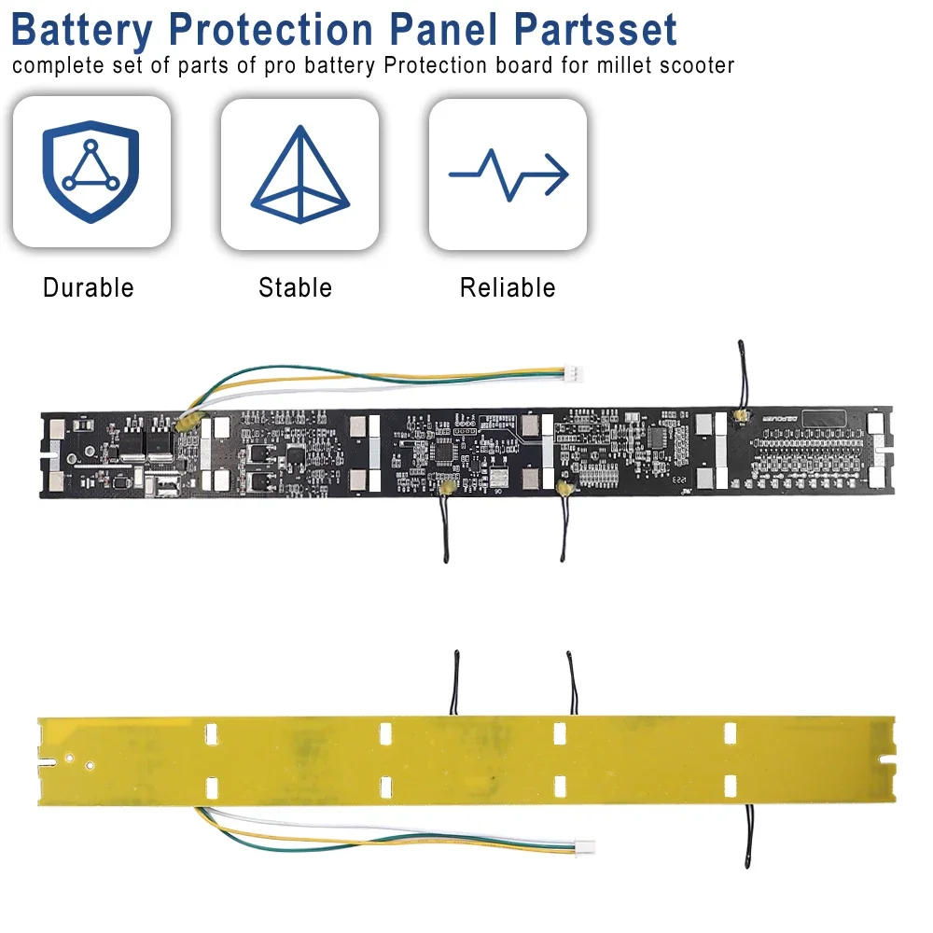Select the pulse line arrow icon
coord(508,173)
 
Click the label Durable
coord(89,287)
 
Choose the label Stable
coord(295,287)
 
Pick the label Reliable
coord(508,287)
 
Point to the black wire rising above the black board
coord(739,373)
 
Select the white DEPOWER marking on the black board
coord(773,421)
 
